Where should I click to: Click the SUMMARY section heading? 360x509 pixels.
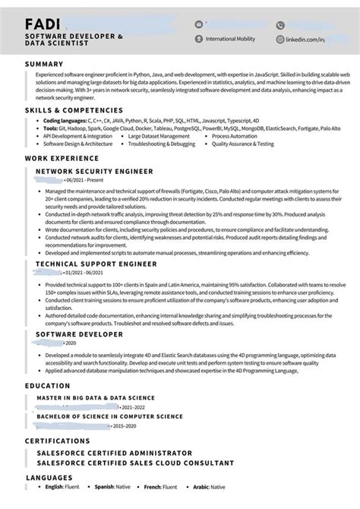click(43, 64)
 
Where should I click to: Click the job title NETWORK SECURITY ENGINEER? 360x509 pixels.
click(94, 172)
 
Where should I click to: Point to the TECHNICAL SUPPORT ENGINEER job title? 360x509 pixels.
click(96, 264)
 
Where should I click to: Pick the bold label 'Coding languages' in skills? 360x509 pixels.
click(65, 121)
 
